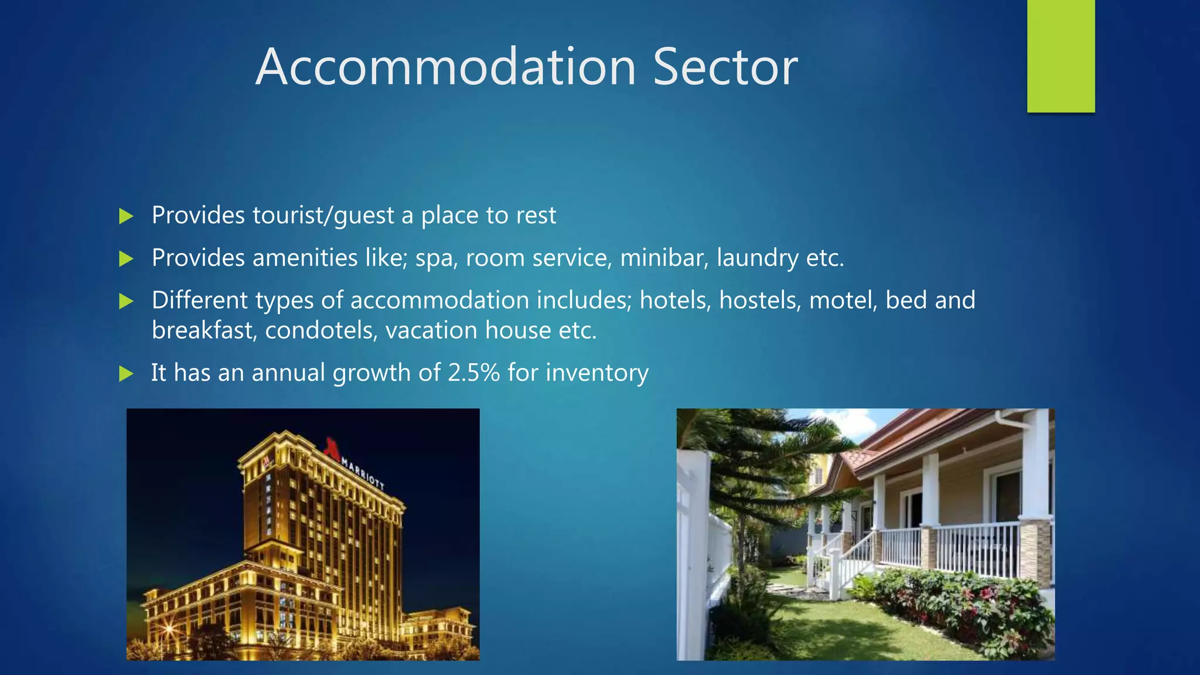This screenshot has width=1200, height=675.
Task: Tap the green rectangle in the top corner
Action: click(1061, 56)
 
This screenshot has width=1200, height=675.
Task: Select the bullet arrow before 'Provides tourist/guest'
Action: click(126, 216)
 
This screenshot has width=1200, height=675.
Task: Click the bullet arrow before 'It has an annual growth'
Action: click(126, 373)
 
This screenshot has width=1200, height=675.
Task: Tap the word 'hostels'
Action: click(759, 300)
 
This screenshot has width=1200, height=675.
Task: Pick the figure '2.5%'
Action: click(473, 373)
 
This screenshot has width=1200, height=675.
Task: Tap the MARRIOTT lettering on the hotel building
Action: click(363, 474)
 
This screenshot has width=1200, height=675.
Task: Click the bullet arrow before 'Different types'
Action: click(126, 301)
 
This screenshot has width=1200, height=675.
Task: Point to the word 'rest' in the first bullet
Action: click(536, 216)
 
